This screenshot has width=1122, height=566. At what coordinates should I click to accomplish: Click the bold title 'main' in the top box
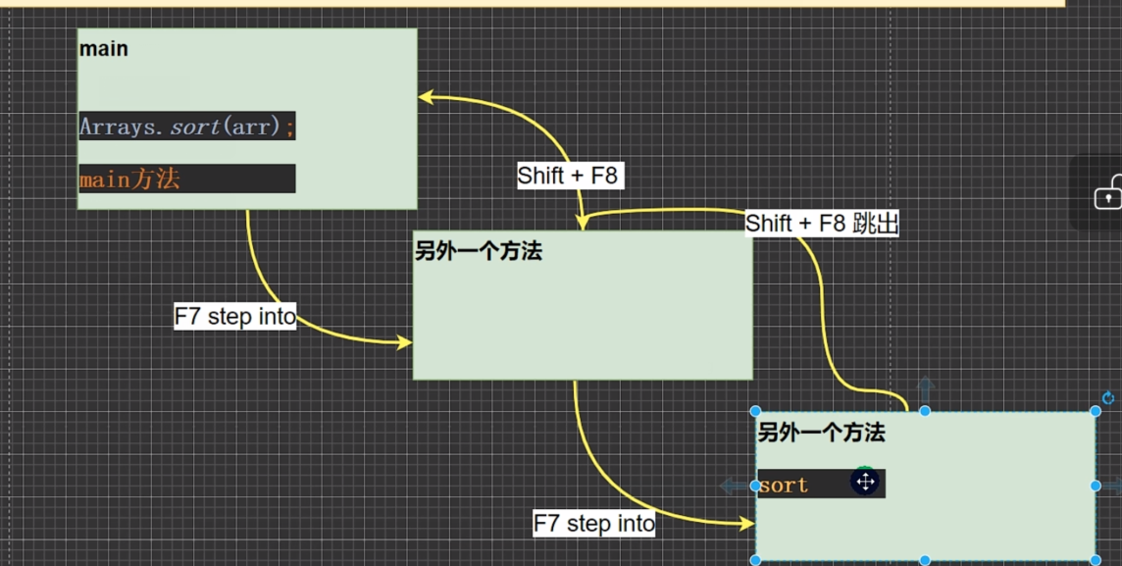click(104, 49)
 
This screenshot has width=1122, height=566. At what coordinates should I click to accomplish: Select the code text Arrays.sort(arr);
click(186, 127)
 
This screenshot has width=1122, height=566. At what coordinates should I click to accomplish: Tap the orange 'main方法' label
click(129, 180)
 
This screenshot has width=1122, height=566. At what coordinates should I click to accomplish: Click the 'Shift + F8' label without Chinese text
click(568, 176)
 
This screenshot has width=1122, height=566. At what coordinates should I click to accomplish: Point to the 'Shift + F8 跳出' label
click(822, 224)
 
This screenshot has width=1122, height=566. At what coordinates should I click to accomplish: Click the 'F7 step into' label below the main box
click(235, 317)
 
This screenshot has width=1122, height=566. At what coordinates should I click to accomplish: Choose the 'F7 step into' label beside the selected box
click(594, 524)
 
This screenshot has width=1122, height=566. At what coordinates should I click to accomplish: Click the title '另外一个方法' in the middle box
click(479, 252)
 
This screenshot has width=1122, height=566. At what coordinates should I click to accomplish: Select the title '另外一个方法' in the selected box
click(822, 433)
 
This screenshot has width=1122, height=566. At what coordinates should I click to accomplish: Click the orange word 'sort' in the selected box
click(784, 486)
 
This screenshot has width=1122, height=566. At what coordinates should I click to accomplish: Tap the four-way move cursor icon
click(865, 482)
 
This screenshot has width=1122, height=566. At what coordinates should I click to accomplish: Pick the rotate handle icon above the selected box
click(1108, 398)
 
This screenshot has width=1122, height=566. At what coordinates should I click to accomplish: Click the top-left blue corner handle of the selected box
click(756, 411)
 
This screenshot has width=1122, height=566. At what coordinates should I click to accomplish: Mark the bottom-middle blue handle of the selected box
click(925, 560)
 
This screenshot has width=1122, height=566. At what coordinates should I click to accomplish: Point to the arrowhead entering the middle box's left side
click(404, 342)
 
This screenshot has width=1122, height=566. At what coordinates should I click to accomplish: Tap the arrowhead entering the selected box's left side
click(746, 524)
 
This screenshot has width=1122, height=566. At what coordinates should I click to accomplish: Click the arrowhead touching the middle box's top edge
click(582, 224)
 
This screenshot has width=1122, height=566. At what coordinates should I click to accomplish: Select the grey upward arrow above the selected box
click(925, 389)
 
